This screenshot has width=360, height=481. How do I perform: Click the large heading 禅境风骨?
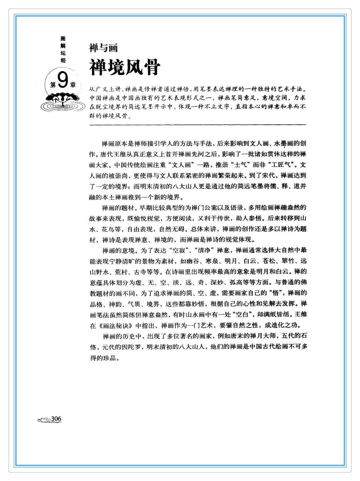click(125, 67)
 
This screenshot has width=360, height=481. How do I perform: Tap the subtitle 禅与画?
click(104, 48)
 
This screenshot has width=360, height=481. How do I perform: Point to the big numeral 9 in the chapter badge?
click(62, 81)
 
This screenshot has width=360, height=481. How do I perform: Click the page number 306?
click(56, 419)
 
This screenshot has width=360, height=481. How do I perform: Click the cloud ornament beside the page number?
click(44, 420)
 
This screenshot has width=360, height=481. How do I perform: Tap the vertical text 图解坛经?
click(63, 49)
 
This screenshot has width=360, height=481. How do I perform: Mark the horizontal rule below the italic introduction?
click(198, 125)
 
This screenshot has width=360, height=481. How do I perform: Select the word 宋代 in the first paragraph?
click(267, 176)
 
